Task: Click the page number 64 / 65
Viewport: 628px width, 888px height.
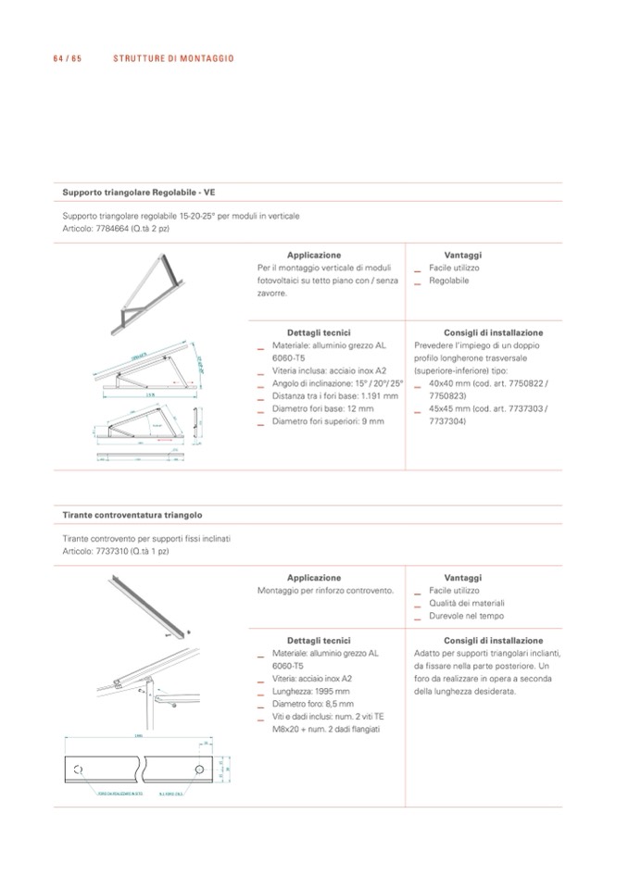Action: point(69,58)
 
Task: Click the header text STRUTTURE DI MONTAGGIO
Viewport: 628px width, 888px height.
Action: point(173,58)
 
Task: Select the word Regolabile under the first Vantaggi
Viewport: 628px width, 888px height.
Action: point(449,280)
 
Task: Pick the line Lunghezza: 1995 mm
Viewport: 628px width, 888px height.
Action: point(310,691)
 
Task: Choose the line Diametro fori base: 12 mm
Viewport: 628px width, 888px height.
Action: point(322,408)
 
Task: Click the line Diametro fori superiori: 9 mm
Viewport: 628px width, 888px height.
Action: point(327,421)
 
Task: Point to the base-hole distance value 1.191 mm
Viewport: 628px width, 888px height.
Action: point(377,395)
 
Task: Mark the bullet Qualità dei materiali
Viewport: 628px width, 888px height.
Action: point(467,603)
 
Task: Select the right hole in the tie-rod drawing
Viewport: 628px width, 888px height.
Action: point(199,769)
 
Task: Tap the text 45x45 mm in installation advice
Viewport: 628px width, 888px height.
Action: point(449,408)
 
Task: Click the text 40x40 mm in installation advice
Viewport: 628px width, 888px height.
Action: point(449,383)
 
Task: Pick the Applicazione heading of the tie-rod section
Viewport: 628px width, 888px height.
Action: point(313,578)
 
